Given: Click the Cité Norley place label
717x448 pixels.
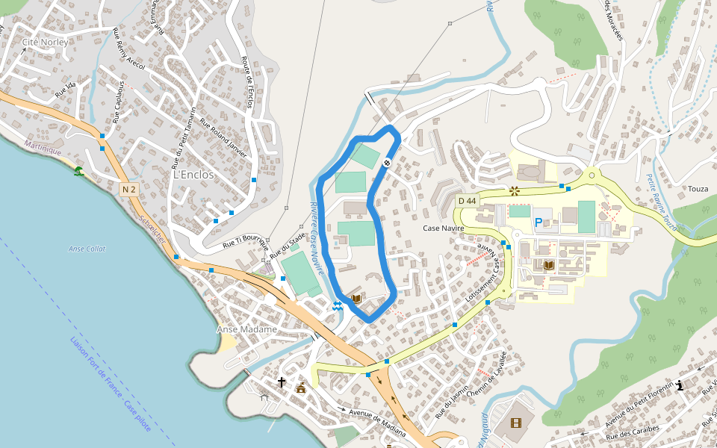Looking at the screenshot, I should tap(45, 42).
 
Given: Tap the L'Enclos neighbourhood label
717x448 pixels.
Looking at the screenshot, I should tap(193, 175).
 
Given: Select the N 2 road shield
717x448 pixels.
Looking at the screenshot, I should tap(128, 190).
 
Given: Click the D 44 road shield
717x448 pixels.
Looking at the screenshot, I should tap(467, 201).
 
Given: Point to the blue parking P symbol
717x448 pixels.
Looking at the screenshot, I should tap(538, 223).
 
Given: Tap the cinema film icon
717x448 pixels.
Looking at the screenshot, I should tap(515, 423).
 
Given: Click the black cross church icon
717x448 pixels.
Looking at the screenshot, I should tap(282, 382).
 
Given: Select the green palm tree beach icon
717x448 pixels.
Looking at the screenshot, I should tap(78, 172).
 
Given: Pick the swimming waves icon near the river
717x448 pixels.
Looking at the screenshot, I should tap(338, 305).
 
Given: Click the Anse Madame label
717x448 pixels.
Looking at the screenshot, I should tap(246, 329).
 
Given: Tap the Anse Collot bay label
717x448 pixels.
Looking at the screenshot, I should tap(87, 249).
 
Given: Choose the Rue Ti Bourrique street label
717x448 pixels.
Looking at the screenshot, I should tap(245, 241).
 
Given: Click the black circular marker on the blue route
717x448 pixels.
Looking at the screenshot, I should tap(387, 163).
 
